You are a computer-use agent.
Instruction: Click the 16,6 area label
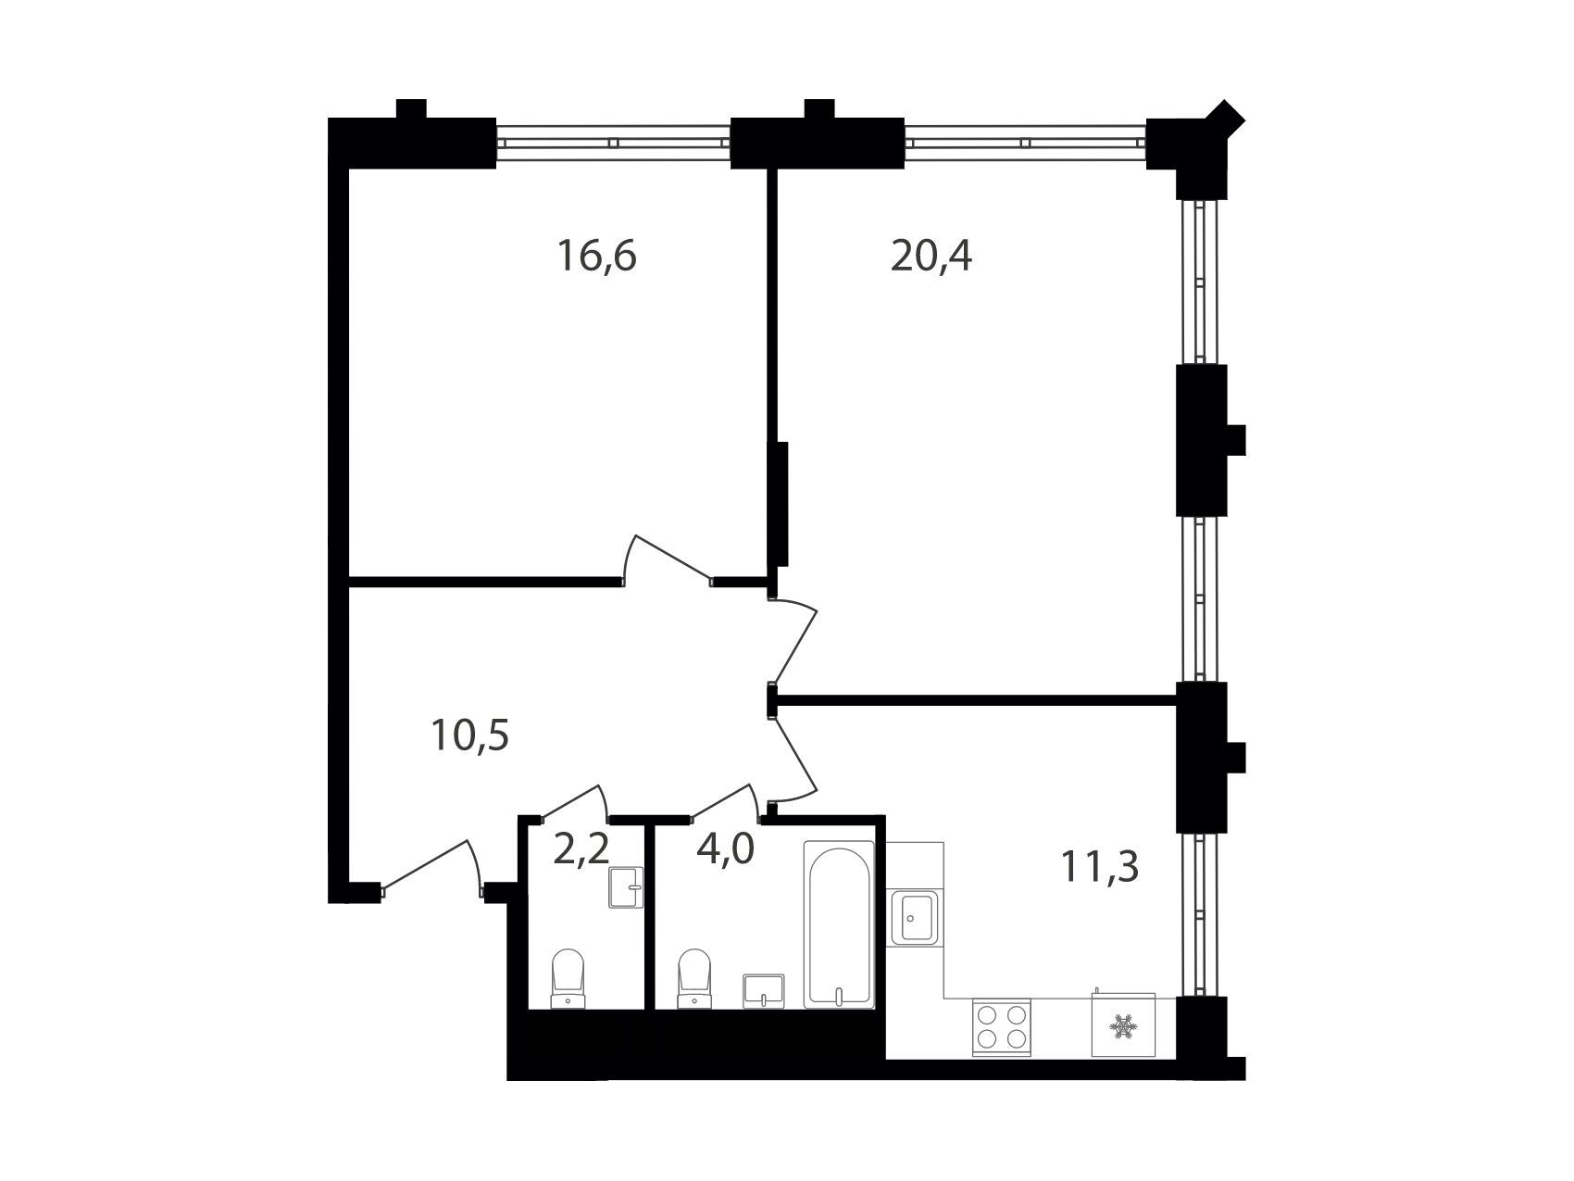596,256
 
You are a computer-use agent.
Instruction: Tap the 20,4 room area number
931,256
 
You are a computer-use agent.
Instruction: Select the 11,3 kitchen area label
1100,868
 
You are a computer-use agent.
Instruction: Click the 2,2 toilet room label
581,848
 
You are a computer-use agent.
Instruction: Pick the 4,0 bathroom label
726,848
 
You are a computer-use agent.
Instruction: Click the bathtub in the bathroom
838,923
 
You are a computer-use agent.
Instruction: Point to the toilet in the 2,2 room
568,978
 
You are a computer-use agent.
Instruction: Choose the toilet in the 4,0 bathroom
695,978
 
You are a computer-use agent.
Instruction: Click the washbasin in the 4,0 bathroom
764,989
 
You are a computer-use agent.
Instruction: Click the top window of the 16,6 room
614,143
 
